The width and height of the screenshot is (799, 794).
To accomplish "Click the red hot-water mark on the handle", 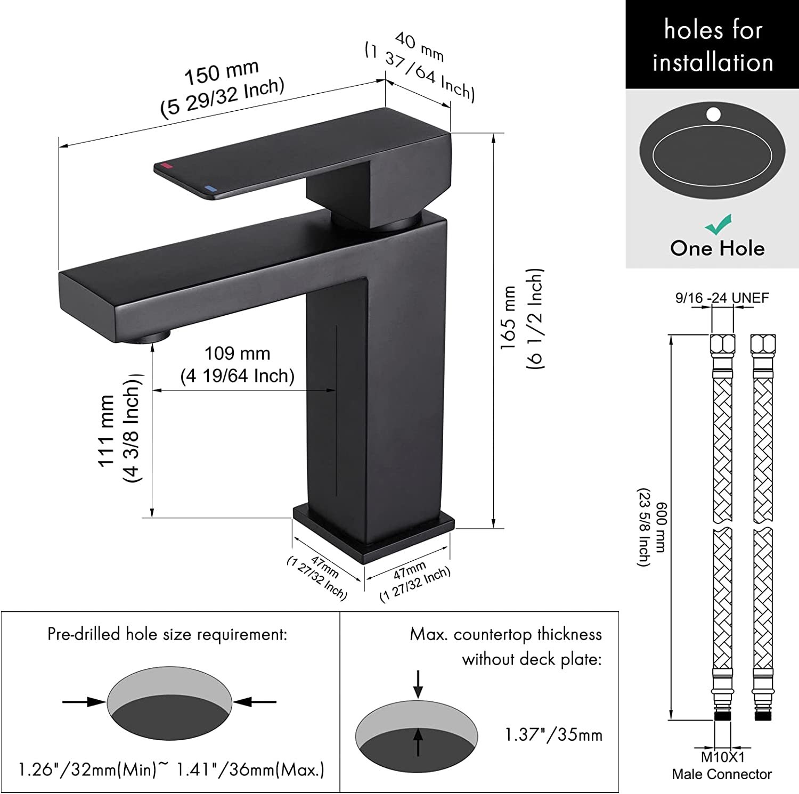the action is point(166,166).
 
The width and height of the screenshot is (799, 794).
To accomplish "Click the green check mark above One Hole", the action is point(719,225).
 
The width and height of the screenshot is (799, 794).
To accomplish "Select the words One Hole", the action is point(717,248).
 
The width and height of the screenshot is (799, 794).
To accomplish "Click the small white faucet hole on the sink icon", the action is point(714,114).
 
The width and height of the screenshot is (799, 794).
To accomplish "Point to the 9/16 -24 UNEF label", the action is point(722,298).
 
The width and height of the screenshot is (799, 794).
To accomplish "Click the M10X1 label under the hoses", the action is point(722,757).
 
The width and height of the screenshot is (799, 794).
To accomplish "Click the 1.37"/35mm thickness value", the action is point(553,735).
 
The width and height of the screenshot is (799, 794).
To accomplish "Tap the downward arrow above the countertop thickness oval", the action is point(418,684).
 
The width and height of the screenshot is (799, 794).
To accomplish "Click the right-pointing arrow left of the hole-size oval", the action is point(84,702).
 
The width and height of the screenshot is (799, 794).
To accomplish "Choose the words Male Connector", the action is point(722,774).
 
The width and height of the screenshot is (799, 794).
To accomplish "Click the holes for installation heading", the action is point(713,45).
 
